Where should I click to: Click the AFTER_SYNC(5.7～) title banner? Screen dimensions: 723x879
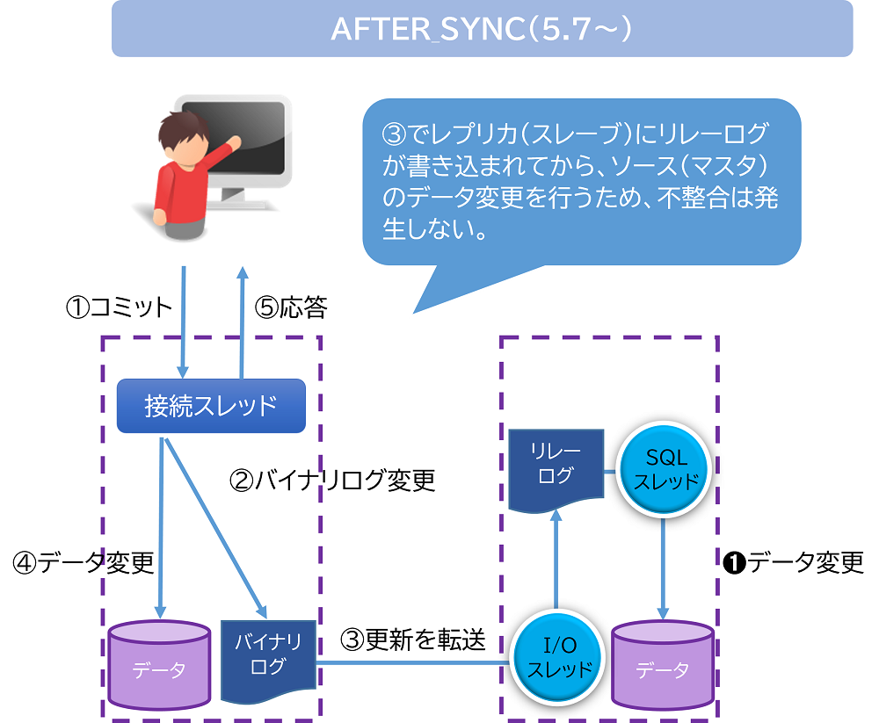pos(482,28)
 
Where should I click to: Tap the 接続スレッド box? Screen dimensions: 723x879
pos(211,405)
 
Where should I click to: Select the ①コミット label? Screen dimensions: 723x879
pos(119,307)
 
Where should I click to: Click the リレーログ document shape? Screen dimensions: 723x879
pos(556,466)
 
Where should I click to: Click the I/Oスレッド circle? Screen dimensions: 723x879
pos(556,659)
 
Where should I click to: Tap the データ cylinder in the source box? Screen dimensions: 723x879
pos(159,664)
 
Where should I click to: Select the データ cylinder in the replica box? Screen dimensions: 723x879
pos(663,664)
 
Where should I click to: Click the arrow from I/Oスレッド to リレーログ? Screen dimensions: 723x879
pos(556,562)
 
